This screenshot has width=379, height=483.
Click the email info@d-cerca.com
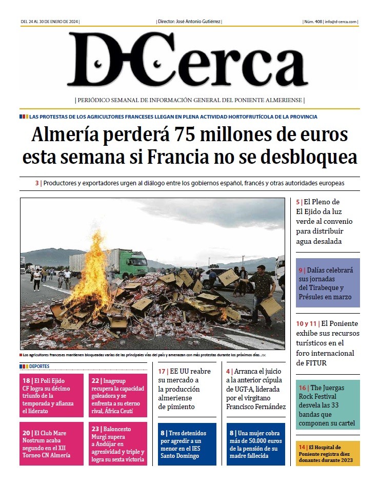pos(342,22)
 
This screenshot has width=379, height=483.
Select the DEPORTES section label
pos(39,366)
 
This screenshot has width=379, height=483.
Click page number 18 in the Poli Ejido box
pos(26,381)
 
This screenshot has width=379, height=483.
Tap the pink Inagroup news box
pos(118,395)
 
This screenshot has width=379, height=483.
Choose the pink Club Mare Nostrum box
pos(51,443)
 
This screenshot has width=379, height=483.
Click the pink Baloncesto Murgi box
pos(118,443)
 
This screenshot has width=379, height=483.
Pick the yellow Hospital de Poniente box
pos(328,454)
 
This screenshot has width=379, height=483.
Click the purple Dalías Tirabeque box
pos(328,283)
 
